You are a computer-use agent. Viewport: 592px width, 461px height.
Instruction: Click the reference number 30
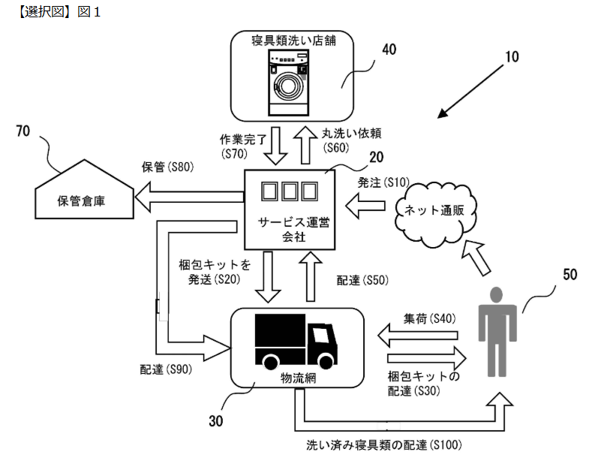pos(212,422)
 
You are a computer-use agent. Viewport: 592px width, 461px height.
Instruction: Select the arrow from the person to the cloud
pos(480,256)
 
